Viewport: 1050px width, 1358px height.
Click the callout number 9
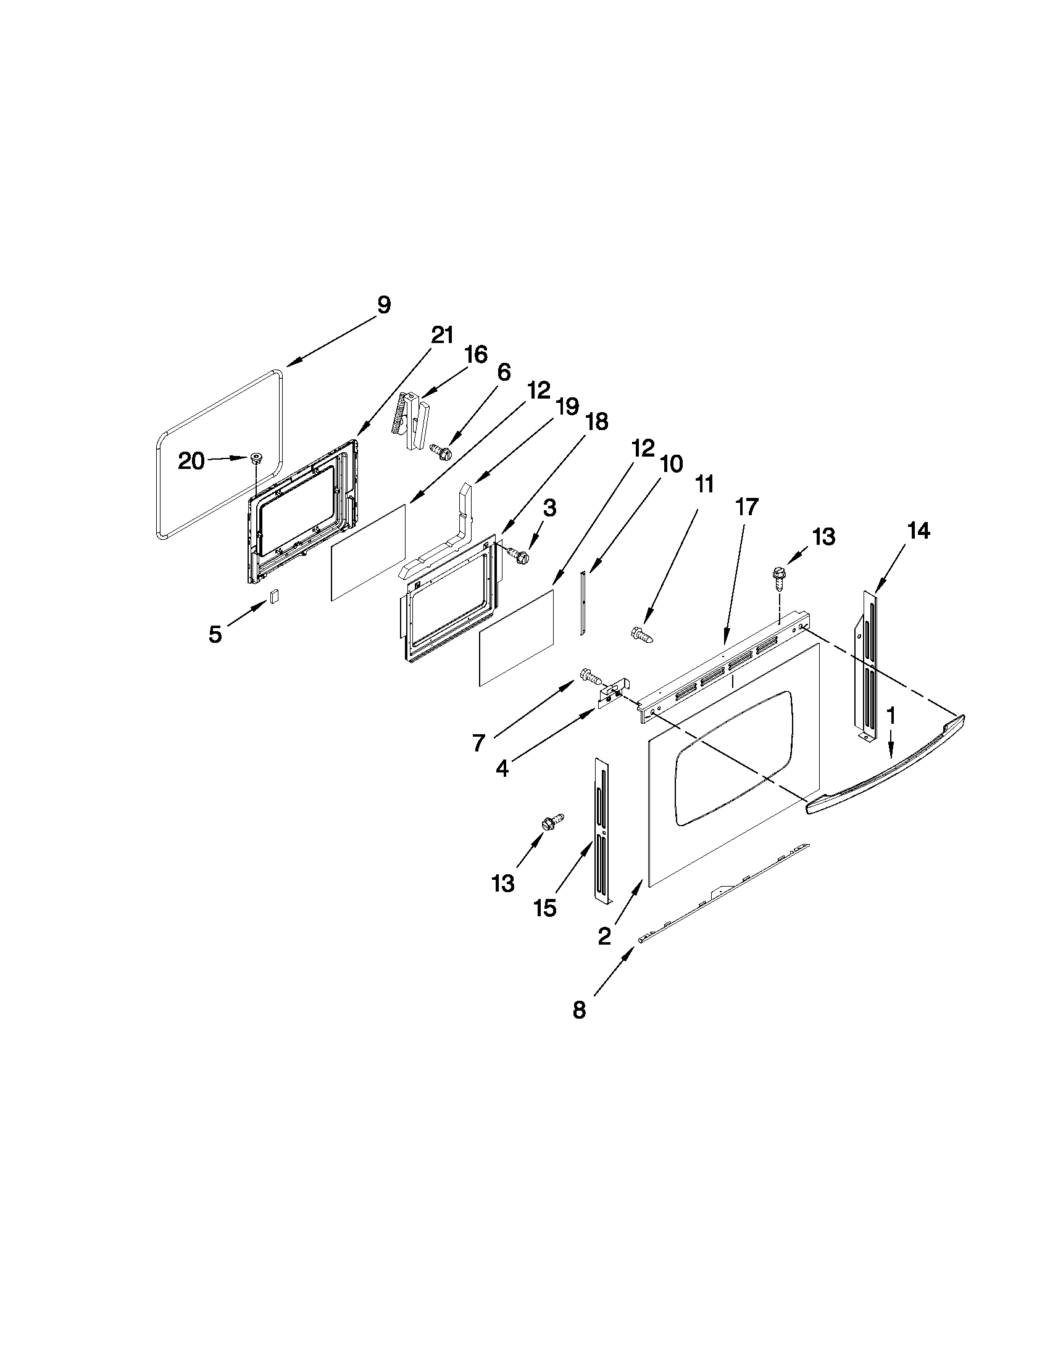[384, 305]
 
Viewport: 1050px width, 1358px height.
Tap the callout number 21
[442, 335]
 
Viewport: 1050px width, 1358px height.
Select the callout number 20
[191, 461]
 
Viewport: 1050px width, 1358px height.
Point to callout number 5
[215, 634]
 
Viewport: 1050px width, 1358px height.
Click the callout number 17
[747, 507]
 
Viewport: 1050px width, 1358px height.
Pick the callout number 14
[918, 531]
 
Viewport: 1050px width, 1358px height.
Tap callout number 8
[579, 1010]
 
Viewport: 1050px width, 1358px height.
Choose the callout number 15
[545, 908]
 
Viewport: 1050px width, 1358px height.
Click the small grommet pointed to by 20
[256, 458]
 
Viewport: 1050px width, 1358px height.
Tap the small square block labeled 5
[274, 595]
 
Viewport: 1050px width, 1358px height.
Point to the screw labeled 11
[641, 635]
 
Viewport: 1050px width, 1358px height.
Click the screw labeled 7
[589, 674]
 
